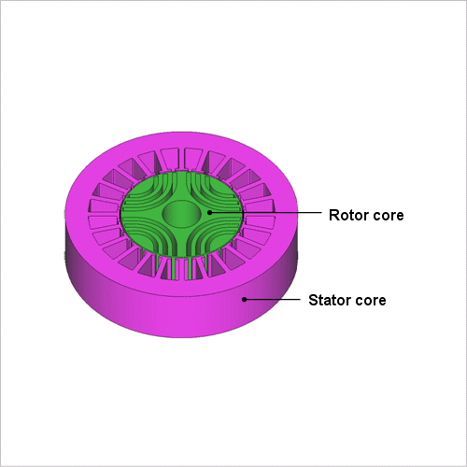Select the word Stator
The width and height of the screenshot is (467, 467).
point(329,300)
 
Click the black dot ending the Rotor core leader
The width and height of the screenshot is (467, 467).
point(210,212)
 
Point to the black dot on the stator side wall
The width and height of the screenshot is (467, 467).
point(245,299)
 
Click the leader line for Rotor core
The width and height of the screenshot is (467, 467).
point(266,212)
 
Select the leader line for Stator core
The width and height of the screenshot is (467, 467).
point(273,299)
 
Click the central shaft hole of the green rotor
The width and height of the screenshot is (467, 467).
point(181,213)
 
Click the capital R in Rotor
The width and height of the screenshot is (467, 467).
point(333,215)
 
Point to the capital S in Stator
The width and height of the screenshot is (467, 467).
point(313,300)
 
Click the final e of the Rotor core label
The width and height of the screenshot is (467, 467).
point(400,217)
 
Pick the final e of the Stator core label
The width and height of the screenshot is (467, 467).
point(382,302)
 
